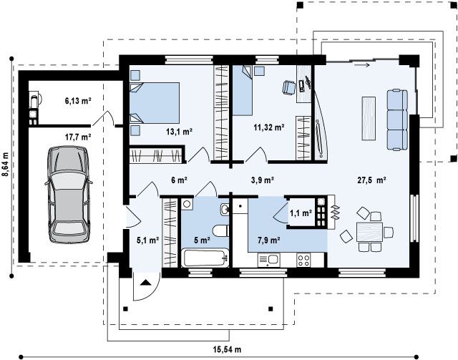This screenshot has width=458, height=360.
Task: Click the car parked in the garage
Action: [x=69, y=195]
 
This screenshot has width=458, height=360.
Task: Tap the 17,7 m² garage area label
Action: [x=78, y=137]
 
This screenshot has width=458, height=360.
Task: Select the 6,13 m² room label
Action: [x=78, y=101]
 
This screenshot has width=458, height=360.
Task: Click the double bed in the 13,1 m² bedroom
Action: [x=155, y=102]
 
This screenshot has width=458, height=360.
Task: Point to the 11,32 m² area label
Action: [x=269, y=127]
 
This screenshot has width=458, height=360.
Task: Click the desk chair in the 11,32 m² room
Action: [x=289, y=87]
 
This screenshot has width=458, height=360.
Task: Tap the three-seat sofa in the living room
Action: [x=397, y=120]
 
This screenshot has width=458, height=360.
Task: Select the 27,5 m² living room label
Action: [x=372, y=180]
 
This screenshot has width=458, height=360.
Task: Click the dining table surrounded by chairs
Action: [x=369, y=232]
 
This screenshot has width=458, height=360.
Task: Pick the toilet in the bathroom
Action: [x=221, y=230]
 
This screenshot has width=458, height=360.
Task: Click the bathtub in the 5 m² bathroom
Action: [x=205, y=258]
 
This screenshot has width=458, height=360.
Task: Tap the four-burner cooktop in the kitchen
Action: [x=303, y=260]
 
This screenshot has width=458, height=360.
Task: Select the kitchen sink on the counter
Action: [x=269, y=260]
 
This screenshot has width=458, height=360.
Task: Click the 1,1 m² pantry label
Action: [x=301, y=213]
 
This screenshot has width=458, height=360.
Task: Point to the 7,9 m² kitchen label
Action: [x=269, y=240]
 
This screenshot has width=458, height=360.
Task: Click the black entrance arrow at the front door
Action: [x=145, y=283]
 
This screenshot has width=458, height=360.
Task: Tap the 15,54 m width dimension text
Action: [x=227, y=349]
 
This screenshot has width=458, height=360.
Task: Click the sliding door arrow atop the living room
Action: [x=362, y=65]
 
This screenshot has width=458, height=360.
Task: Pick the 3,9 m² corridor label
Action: [x=263, y=180]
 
